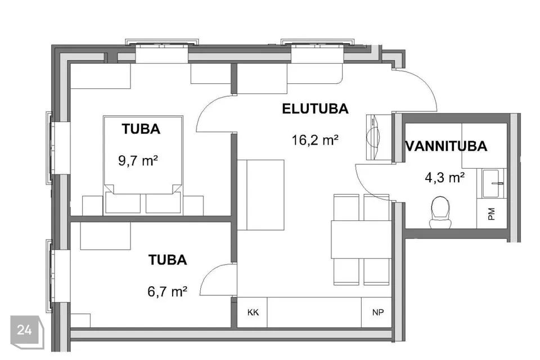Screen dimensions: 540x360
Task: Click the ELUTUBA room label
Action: coord(315,109)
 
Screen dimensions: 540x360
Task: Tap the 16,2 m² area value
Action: coord(315,140)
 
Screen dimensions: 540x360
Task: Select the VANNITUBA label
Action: coord(447,146)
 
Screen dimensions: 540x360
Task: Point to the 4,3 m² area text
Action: coord(444,178)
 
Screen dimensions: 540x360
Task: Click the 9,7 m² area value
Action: coord(138,160)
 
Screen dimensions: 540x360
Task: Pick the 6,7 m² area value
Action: coord(168,292)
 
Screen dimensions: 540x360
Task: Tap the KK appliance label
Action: coord(253,312)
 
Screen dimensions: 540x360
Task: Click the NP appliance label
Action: coord(378,312)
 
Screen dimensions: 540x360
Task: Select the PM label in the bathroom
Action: coord(492,214)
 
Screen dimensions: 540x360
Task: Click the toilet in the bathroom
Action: coord(440,212)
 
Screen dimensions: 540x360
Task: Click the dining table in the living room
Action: coord(361,240)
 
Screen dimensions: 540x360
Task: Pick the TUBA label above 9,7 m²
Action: coord(141,129)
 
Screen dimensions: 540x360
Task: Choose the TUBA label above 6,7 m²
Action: coord(168,260)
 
